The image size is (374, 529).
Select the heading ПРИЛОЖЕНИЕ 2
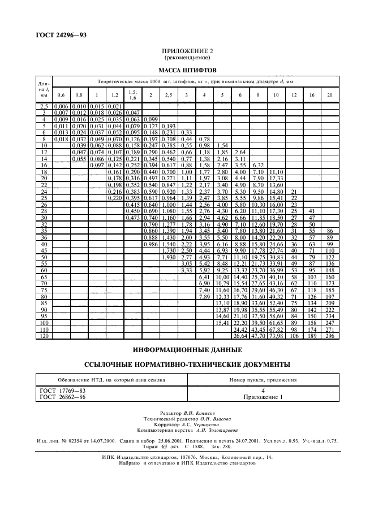[187, 51]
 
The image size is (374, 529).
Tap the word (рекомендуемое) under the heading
[187, 58]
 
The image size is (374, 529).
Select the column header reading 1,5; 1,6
[132, 95]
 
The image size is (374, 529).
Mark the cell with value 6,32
[258, 149]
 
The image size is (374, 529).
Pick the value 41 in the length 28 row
[311, 211]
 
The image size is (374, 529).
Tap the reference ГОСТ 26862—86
[59, 397]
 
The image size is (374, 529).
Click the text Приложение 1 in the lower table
[263, 397]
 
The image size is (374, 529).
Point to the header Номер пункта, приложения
[263, 380]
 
